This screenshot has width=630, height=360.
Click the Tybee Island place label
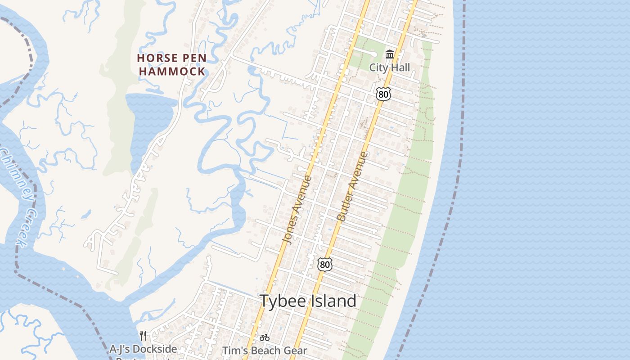click(x=308, y=301)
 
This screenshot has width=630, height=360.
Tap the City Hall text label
click(x=390, y=67)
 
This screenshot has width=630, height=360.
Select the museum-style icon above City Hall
click(x=390, y=55)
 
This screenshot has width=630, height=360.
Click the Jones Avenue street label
click(x=297, y=209)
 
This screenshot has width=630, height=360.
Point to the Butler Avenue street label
click(x=352, y=186)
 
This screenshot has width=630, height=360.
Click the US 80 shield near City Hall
click(x=383, y=94)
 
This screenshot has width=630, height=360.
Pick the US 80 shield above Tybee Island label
click(x=324, y=265)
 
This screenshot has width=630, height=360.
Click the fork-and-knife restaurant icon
click(x=143, y=336)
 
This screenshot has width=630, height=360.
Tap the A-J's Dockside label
click(x=143, y=349)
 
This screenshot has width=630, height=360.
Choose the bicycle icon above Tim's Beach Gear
click(x=265, y=337)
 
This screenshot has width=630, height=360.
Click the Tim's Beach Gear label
click(x=265, y=351)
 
